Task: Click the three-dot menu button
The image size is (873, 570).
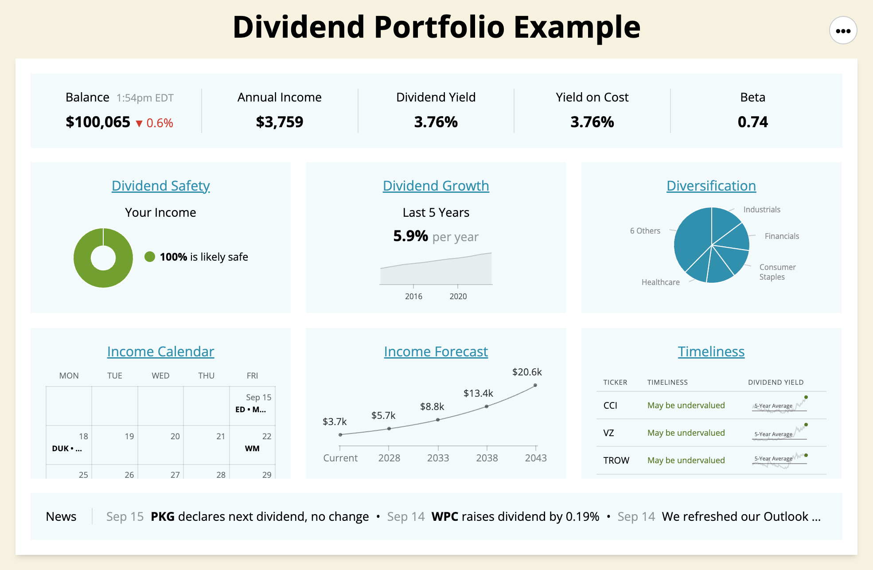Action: tap(843, 31)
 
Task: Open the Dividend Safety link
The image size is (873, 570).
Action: tap(160, 186)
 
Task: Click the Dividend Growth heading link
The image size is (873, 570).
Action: tap(436, 186)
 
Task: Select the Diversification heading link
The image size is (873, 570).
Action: tap(711, 186)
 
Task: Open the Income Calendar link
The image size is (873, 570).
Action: tap(160, 351)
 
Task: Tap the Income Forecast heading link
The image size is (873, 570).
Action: tap(436, 351)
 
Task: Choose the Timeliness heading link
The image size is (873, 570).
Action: tap(711, 351)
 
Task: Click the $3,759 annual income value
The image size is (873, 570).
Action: tap(279, 122)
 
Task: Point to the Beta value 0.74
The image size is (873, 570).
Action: tap(752, 122)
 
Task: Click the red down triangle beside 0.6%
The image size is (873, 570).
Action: tap(139, 124)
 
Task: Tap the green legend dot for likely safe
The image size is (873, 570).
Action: tap(150, 257)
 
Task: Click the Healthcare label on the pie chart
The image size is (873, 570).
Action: tap(660, 282)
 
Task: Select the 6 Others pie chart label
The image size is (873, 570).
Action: tap(645, 231)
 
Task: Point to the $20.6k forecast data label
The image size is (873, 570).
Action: tap(527, 372)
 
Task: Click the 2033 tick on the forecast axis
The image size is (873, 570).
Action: tap(438, 458)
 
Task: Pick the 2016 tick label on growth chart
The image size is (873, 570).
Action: tap(413, 297)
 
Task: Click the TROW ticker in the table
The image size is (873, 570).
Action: tap(616, 461)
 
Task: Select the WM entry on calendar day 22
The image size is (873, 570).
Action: tap(252, 449)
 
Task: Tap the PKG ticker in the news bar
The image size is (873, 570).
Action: tap(162, 517)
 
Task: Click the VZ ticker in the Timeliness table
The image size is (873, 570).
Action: tap(608, 433)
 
